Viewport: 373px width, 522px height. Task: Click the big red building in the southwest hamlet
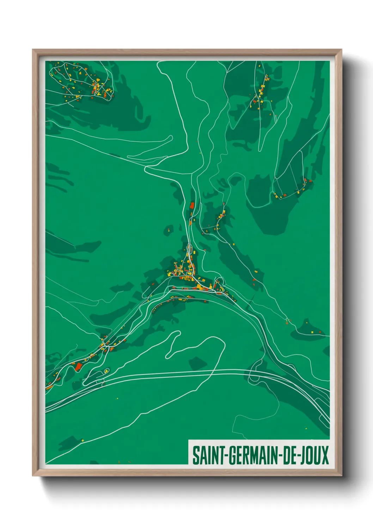click(78, 366)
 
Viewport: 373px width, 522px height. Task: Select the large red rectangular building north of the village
click(192, 205)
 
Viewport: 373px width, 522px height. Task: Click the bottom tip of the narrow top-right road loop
click(260, 150)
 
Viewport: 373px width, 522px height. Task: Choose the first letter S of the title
click(195, 455)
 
